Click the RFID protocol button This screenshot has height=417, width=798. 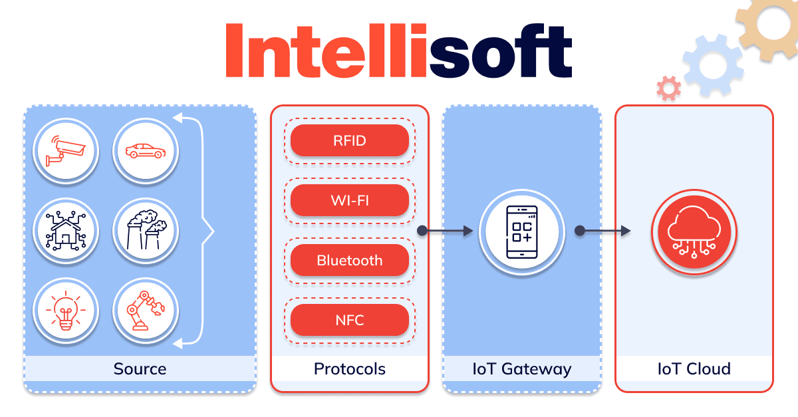349,140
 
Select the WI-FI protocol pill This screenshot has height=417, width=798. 349,200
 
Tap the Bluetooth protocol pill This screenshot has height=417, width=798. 349,260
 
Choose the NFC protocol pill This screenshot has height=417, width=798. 349,320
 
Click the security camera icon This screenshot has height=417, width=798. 66,152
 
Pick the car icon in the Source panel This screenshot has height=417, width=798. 145,152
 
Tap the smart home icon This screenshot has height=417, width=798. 66,231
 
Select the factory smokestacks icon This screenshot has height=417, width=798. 145,231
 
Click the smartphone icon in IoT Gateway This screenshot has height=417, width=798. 522,231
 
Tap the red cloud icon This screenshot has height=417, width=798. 694,231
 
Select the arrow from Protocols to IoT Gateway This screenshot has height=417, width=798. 447,231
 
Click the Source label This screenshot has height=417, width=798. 140,368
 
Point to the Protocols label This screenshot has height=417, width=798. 349,368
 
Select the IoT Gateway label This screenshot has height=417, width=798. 522,368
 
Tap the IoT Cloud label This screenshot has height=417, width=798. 694,368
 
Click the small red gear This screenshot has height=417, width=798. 668,88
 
